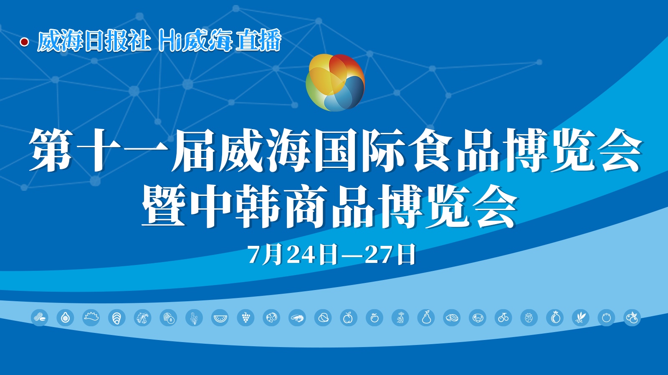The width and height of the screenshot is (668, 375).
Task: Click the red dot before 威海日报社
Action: click(25, 42)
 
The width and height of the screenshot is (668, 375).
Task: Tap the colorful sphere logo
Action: click(335, 83)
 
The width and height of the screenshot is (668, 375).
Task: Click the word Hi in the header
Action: click(169, 40)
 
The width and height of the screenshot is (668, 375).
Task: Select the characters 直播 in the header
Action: click(258, 40)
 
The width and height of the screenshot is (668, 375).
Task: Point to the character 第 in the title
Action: click(51, 150)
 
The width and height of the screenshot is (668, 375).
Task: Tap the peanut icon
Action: click(39, 317)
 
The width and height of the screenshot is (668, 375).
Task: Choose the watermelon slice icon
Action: click(220, 317)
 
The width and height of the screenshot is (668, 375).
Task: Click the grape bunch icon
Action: click(246, 317)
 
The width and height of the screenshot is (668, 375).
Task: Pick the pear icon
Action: click(426, 317)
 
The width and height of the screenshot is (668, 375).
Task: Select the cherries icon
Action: click(504, 317)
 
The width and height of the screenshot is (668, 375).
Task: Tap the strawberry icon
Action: click(529, 317)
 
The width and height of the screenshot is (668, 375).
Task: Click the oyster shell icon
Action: click(117, 317)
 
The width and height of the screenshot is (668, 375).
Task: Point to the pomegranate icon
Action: click(555, 317)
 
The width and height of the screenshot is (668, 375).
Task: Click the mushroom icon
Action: click(478, 317)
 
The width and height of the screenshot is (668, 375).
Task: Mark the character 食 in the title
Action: click(430, 150)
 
